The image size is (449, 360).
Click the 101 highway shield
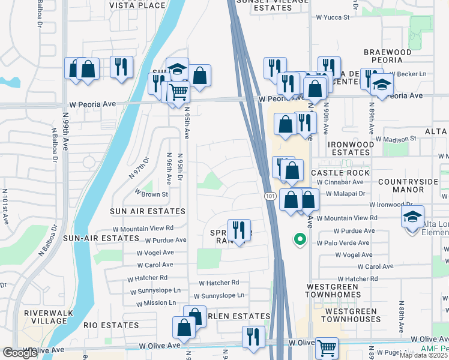[270, 197]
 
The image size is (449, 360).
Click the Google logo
[20, 353]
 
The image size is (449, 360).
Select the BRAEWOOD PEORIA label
[387, 56]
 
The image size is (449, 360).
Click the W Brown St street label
[151, 194]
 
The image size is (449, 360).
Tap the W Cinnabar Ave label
[340, 182]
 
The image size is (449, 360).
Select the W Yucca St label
[333, 17]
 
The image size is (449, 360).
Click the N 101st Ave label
[5, 206]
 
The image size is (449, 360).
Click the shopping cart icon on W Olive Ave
[327, 347]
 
